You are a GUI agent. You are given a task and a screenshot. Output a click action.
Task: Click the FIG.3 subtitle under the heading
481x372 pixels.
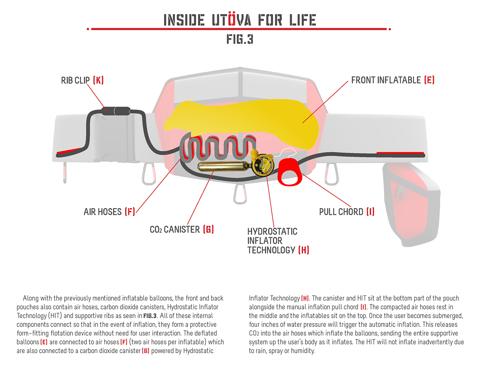(x=240, y=39)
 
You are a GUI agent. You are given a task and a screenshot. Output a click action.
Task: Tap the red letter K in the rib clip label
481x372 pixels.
(x=98, y=80)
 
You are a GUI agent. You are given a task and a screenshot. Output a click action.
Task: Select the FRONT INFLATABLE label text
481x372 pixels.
(x=386, y=80)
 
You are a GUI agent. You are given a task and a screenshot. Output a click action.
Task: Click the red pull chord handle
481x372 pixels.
(x=289, y=172)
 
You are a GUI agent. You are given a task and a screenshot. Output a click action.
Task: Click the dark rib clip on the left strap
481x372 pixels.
(x=116, y=111)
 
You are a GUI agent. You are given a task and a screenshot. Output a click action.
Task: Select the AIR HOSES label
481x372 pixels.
(x=103, y=212)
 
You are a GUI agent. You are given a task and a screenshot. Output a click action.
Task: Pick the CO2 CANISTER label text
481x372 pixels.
(x=175, y=229)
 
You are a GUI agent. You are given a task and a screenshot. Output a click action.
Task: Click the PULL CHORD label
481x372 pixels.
(x=341, y=212)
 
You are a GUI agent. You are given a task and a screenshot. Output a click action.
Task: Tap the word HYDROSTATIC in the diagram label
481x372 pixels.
(x=272, y=231)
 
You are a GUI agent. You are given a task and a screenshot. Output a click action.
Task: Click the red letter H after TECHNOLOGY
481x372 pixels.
(x=304, y=250)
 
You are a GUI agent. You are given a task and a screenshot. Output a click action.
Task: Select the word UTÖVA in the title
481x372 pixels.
(x=231, y=20)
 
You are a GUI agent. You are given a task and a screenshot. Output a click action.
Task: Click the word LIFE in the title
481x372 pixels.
(x=302, y=20)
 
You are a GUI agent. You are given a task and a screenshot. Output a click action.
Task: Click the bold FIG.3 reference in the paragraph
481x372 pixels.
(x=150, y=316)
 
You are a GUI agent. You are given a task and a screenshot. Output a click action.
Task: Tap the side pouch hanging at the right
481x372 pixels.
(x=411, y=203)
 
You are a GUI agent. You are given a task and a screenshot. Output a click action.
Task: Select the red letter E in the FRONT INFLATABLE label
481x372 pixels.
(x=429, y=80)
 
